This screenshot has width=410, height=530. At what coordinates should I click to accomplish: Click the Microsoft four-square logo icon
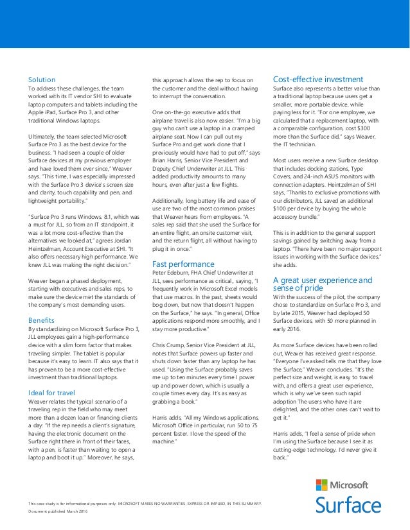click(x=321, y=485)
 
